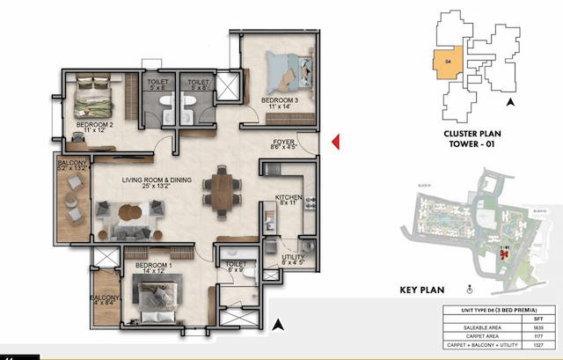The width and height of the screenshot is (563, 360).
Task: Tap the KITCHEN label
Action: click(x=289, y=199)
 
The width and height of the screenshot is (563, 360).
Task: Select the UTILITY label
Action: click(x=292, y=256)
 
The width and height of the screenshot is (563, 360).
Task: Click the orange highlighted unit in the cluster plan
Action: click(x=447, y=63)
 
